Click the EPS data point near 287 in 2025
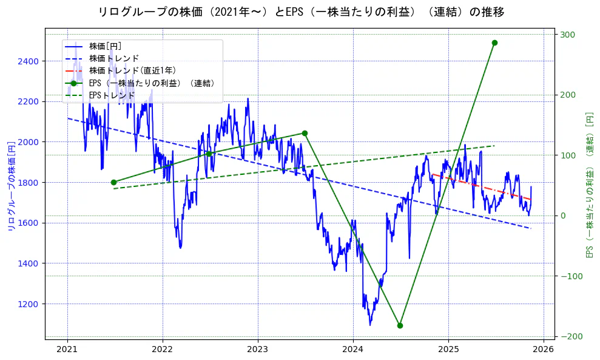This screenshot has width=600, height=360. (x=494, y=42)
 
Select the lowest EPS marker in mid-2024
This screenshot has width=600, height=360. (x=400, y=325)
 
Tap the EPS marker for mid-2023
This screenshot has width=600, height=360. (x=305, y=133)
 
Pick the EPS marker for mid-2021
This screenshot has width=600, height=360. (x=113, y=182)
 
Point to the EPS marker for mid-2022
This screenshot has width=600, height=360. (x=209, y=154)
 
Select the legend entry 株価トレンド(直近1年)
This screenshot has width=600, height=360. (x=132, y=70)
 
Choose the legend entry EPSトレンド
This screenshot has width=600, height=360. (x=112, y=95)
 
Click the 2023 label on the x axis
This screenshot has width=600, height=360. (x=258, y=350)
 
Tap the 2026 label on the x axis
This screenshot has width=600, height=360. (x=544, y=350)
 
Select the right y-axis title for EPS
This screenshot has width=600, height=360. (x=588, y=185)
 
